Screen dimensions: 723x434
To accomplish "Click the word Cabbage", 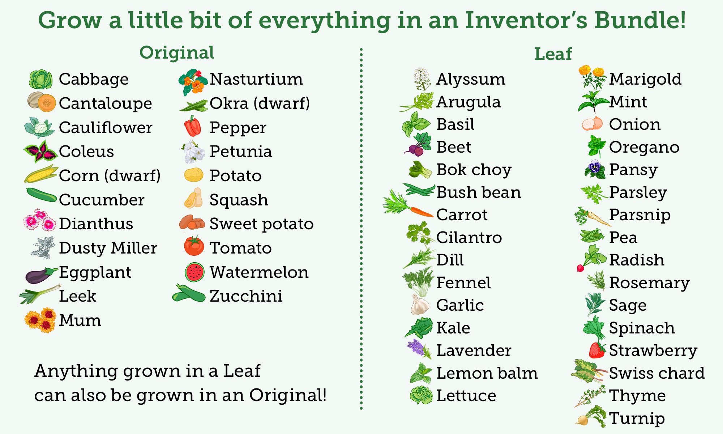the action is pos(94,80).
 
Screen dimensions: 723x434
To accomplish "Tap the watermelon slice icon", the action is pos(194,272).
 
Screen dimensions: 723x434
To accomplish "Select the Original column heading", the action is pos(177,53).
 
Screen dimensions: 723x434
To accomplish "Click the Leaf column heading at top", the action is pos(553,54).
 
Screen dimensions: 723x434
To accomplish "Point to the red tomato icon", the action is pos(194,246).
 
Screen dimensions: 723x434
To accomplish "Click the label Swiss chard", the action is pos(657,373).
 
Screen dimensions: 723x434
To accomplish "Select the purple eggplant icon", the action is pos(41,275).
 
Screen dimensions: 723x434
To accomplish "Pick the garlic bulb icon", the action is pos(420,305).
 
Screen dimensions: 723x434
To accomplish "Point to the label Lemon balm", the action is pos(487,373).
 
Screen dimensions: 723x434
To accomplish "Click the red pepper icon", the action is pos(193,126).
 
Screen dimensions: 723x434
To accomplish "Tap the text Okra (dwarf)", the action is pos(260,103).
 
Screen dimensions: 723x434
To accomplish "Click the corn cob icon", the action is pos(41,174).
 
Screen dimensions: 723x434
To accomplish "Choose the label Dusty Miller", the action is pos(108,248).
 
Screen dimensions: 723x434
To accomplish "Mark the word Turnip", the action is pos(637,419).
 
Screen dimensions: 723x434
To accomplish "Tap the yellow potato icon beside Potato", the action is pos(194,175).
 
